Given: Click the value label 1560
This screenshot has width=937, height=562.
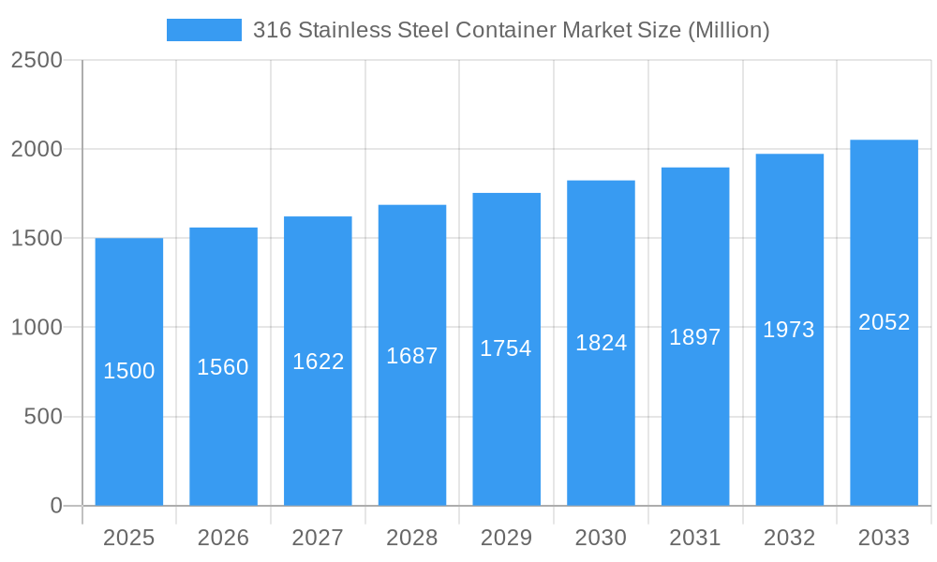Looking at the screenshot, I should pyautogui.click(x=223, y=367).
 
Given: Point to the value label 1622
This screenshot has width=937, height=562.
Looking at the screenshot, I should pyautogui.click(x=319, y=362).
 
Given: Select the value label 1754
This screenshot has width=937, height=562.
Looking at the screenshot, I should pyautogui.click(x=506, y=348).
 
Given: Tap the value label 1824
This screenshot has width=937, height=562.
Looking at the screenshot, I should pyautogui.click(x=601, y=343).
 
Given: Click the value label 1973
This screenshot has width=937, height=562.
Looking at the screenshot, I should pyautogui.click(x=789, y=330).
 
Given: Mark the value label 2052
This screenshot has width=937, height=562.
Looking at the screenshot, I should pyautogui.click(x=885, y=322).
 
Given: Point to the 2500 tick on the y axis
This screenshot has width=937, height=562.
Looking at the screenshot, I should pyautogui.click(x=37, y=61).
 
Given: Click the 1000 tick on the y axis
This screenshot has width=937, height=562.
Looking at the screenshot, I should pyautogui.click(x=37, y=328).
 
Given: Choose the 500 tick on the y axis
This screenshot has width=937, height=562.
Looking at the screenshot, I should pyautogui.click(x=43, y=417).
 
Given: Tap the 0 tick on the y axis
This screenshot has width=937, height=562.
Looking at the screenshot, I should pyautogui.click(x=56, y=506).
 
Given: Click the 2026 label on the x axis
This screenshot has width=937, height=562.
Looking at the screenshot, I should pyautogui.click(x=223, y=538).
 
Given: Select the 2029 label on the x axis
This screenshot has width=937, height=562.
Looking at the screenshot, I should pyautogui.click(x=506, y=538).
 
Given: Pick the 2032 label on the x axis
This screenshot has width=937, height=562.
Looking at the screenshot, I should pyautogui.click(x=789, y=538).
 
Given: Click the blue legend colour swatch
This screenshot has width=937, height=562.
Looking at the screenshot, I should pyautogui.click(x=203, y=30).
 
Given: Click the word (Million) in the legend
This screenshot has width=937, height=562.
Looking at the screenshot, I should pyautogui.click(x=728, y=30).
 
